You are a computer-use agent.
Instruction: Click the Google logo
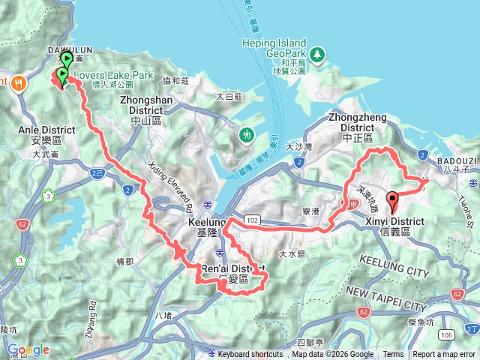[x=28, y=349]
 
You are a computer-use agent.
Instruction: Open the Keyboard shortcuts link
[x=250, y=355]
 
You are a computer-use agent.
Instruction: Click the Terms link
[x=393, y=355]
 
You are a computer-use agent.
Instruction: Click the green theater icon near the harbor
[x=246, y=135]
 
